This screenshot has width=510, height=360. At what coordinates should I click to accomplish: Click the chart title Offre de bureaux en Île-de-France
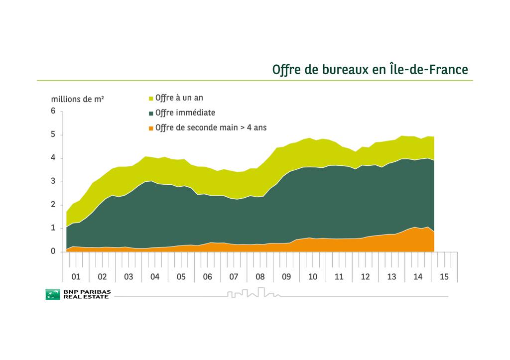(x=370, y=69)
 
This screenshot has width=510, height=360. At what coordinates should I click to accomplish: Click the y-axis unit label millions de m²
(x=78, y=99)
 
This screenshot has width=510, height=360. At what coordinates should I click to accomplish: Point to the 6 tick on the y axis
(x=53, y=111)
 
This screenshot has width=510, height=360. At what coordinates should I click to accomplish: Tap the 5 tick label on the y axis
(x=53, y=135)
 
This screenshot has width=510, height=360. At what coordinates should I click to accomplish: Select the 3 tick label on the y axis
(x=53, y=181)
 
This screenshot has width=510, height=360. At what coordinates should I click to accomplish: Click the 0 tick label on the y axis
(x=53, y=251)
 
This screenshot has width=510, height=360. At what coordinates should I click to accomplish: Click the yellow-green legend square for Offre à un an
(x=151, y=98)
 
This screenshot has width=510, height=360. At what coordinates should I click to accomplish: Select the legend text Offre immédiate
(x=185, y=113)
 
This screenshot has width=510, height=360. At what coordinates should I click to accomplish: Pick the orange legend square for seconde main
(x=151, y=128)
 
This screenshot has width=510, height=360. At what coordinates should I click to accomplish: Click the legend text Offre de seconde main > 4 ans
(x=211, y=127)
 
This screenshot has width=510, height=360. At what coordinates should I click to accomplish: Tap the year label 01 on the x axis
(x=76, y=276)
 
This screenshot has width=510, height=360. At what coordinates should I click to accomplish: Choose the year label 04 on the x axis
(x=155, y=276)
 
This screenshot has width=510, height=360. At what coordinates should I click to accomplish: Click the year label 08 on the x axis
(x=260, y=276)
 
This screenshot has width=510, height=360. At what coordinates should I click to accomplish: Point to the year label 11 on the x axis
(x=339, y=276)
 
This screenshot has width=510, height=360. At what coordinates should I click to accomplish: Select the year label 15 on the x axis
(x=444, y=276)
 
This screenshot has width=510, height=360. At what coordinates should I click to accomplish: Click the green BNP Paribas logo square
(x=52, y=294)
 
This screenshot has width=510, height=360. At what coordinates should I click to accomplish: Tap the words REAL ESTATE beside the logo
(x=85, y=297)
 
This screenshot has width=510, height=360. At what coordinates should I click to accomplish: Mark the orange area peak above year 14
(x=414, y=228)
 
